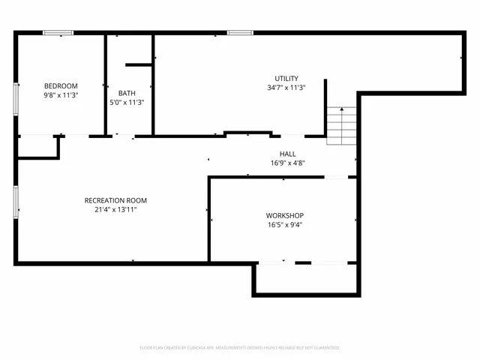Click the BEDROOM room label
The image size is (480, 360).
[61, 86]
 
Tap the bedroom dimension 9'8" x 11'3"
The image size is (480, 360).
[61, 96]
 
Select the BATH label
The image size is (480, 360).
[127, 93]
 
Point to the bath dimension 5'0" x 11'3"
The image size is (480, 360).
[127, 103]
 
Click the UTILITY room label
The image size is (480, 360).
[286, 79]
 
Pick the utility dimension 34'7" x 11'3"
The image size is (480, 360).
[286, 88]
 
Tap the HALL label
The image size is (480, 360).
[288, 154]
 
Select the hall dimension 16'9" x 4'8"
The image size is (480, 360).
[288, 163]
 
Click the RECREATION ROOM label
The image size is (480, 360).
[115, 200]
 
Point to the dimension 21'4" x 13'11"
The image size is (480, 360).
[115, 210]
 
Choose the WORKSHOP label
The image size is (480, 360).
[285, 215]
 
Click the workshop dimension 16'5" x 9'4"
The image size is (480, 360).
[285, 224]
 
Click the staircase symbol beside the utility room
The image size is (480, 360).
[341, 126]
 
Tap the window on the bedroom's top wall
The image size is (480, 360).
[58, 32]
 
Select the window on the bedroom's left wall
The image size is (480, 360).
[16, 98]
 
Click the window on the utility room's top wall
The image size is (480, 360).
[239, 32]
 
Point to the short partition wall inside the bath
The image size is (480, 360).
[139, 65]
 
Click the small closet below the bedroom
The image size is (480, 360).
[37, 147]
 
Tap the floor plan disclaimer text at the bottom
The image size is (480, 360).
[240, 348]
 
